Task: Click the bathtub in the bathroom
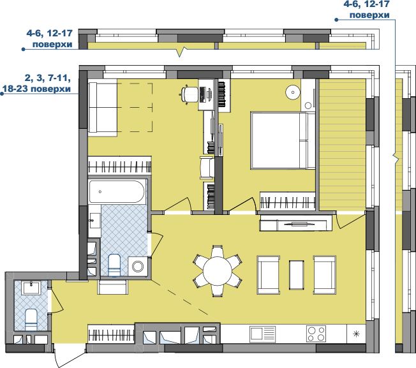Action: [x=117, y=191]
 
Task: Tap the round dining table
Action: [x=218, y=271]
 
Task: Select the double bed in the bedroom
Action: [x=283, y=140]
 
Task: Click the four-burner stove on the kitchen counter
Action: [x=316, y=334]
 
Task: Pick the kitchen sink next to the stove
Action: [x=262, y=334]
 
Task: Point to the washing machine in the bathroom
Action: [x=138, y=266]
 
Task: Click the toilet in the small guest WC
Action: [x=31, y=320]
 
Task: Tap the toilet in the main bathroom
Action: [x=114, y=265]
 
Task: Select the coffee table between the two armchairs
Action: [x=296, y=275]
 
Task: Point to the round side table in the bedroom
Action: [x=293, y=92]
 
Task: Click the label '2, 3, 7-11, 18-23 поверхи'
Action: [x=36, y=84]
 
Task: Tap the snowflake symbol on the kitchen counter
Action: [x=356, y=334]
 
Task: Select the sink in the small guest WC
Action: [x=31, y=288]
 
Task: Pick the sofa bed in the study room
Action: [x=103, y=108]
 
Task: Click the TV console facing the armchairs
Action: [x=296, y=223]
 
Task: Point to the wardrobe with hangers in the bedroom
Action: [x=288, y=202]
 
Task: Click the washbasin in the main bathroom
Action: [x=94, y=221]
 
